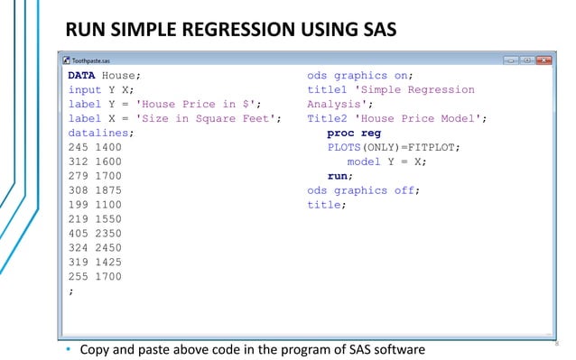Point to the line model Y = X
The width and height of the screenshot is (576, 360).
387,162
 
